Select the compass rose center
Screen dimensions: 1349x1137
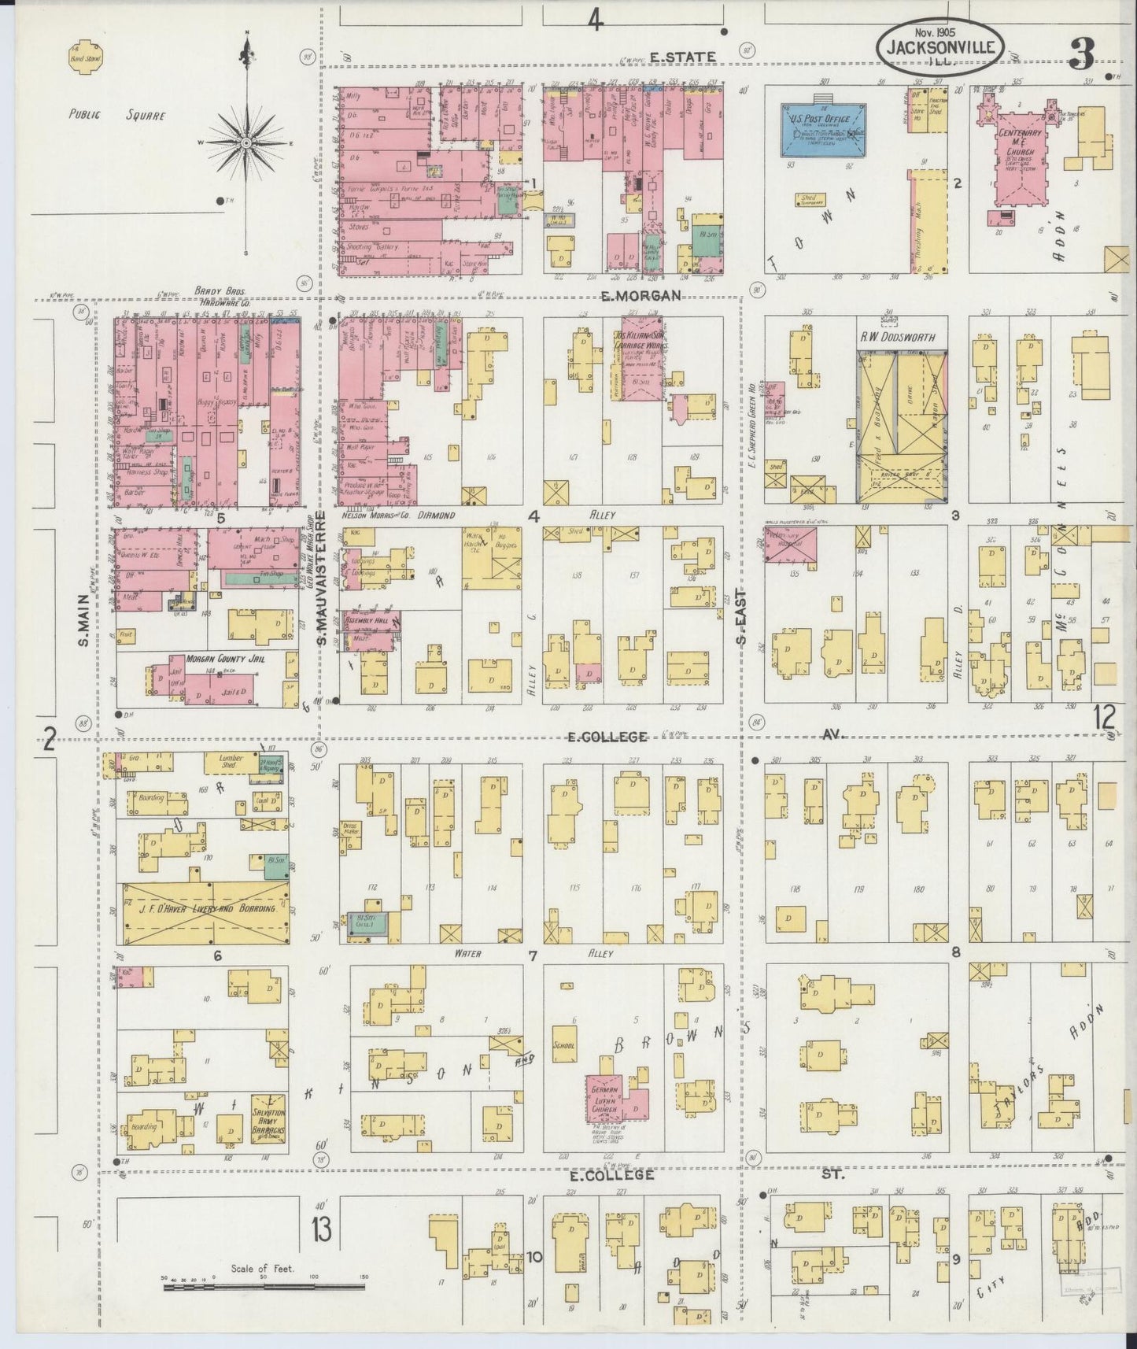coord(246,143)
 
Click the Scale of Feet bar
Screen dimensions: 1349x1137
coord(264,1288)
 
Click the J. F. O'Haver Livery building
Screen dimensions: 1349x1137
coord(203,913)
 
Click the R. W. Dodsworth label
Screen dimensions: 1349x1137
coord(897,338)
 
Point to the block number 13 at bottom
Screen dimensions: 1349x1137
coord(321,1229)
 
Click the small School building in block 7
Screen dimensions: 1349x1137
coord(564,1047)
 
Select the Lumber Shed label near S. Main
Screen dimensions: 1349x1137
coord(224,762)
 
